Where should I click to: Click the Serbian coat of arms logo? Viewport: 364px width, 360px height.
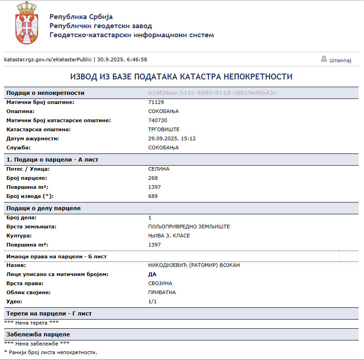26,23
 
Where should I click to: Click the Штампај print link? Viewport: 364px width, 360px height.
340,60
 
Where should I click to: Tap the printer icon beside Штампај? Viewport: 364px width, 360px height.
324,59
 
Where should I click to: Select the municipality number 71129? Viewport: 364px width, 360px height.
156,102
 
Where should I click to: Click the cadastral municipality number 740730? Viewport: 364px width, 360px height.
157,120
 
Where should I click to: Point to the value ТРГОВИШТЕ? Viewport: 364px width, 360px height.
164,129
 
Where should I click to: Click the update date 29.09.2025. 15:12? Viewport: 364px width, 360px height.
172,138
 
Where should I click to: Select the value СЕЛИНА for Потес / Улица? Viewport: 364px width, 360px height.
159,169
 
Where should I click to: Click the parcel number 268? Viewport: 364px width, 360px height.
153,178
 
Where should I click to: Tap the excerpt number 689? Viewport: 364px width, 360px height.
153,196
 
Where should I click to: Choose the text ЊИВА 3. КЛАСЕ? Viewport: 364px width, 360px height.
169,236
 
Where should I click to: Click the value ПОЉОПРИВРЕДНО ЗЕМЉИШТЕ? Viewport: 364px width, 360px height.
189,227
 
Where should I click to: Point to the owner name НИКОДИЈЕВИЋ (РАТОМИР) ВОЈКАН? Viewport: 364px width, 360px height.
194,265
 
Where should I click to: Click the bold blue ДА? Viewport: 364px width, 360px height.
152,274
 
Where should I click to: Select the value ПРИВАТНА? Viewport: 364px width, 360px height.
162,292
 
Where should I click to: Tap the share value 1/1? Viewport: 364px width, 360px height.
152,301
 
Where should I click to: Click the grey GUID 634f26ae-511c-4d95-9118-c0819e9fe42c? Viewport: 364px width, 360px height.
212,93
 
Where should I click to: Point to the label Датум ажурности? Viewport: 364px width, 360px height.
33,138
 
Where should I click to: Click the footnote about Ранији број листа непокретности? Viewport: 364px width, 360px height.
50,352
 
